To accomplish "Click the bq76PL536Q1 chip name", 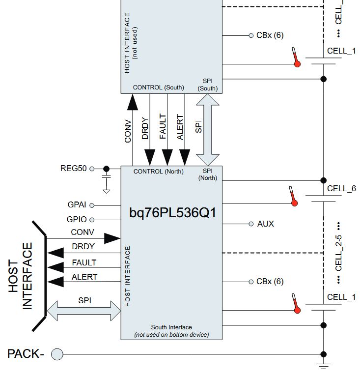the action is tap(172, 213).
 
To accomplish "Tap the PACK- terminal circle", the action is tap(57, 354).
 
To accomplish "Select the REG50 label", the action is tap(73, 168).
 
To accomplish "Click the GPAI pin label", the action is tap(77, 205).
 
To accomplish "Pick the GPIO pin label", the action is tap(77, 219).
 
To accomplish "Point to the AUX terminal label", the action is tap(266, 224).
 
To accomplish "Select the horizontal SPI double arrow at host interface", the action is tap(84, 311).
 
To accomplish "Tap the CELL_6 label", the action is tap(341, 188).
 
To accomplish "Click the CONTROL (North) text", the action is tap(159, 172).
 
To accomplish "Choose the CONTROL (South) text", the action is tap(159, 87).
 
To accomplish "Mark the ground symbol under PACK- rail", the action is tap(323, 366).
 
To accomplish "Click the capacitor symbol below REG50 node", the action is tap(107, 176).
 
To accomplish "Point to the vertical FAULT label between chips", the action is tap(163, 127).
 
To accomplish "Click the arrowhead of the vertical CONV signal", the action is tap(132, 102).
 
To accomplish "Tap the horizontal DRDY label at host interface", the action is tap(83, 247).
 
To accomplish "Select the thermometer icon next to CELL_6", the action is tap(293, 196).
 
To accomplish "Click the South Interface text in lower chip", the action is tap(171, 327).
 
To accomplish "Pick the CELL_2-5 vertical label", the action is tap(339, 253).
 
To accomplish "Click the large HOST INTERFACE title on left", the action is tap(20, 276).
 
